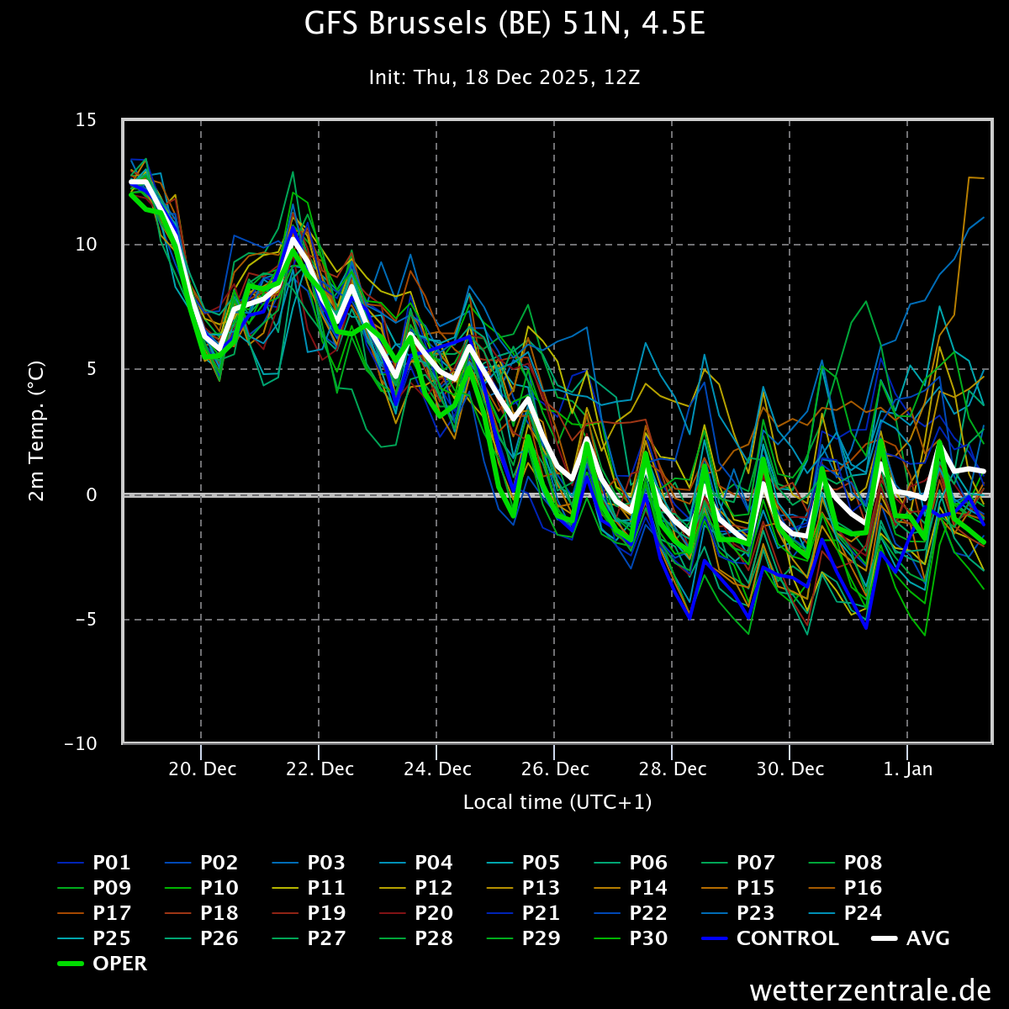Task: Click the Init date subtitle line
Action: point(504,77)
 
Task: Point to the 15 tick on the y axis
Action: point(86,120)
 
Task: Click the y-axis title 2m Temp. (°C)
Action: point(36,431)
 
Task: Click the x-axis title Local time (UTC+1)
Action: point(557,802)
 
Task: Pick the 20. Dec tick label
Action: point(201,769)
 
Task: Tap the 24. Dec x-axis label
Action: point(436,769)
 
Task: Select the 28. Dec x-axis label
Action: point(672,769)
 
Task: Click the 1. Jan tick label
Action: point(907,769)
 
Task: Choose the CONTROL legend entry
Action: point(787,938)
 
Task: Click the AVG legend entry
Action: point(927,938)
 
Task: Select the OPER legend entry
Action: point(119,964)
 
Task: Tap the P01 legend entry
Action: point(111,863)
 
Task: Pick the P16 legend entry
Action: point(862,888)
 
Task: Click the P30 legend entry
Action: point(647,938)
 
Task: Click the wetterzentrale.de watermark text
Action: point(871,990)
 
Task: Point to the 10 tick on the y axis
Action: point(86,245)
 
